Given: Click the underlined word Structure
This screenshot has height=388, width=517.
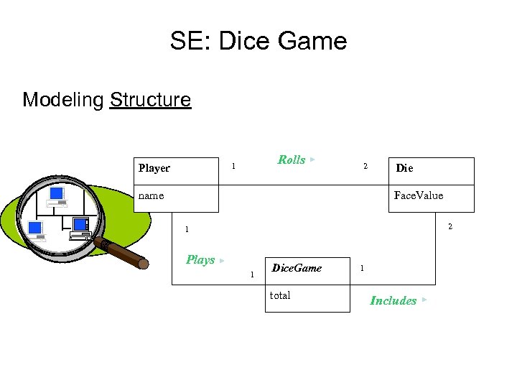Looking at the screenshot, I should (x=150, y=99).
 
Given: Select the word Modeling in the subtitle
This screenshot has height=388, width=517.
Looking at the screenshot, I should (x=63, y=99).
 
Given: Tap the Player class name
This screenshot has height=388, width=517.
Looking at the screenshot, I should (x=154, y=168).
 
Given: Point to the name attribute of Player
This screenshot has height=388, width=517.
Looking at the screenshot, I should (x=151, y=195).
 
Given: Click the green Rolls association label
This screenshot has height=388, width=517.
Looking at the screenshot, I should (x=291, y=160).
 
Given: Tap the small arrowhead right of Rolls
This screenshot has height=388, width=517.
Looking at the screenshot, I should (x=313, y=159).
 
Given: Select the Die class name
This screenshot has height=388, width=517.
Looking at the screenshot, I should (x=404, y=168).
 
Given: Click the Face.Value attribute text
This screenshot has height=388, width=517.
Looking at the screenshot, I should (x=419, y=195).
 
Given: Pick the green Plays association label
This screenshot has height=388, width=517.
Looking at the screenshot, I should (x=200, y=259).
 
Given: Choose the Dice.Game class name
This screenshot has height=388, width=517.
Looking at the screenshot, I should (x=297, y=268).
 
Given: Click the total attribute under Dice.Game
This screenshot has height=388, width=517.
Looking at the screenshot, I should (x=280, y=295).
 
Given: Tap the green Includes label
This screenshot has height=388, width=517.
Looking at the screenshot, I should (x=393, y=300).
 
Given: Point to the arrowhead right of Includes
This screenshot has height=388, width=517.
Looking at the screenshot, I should (x=425, y=299).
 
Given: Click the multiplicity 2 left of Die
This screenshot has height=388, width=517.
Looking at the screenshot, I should (x=365, y=167).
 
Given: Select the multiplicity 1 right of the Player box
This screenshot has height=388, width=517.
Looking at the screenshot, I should (x=233, y=167).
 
